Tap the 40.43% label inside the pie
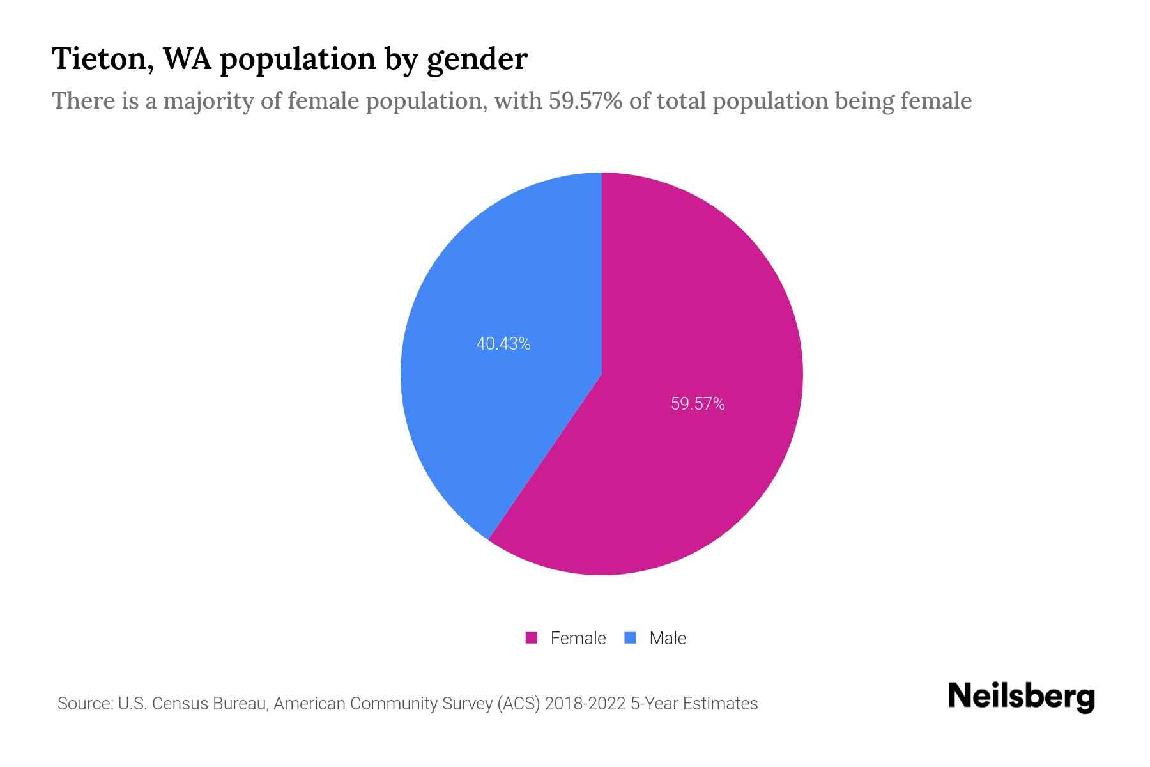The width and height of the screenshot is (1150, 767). tap(503, 344)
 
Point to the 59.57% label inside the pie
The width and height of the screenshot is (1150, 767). tap(698, 404)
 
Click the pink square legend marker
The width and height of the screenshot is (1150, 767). tap(531, 638)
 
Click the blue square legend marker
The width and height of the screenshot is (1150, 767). tap(630, 638)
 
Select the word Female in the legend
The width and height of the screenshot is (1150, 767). tap(578, 638)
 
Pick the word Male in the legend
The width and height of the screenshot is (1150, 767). tap(667, 638)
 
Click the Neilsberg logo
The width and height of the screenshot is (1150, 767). tap(1021, 697)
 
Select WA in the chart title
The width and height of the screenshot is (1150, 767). tap(188, 59)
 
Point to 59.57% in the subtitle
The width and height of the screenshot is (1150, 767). tap(585, 101)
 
